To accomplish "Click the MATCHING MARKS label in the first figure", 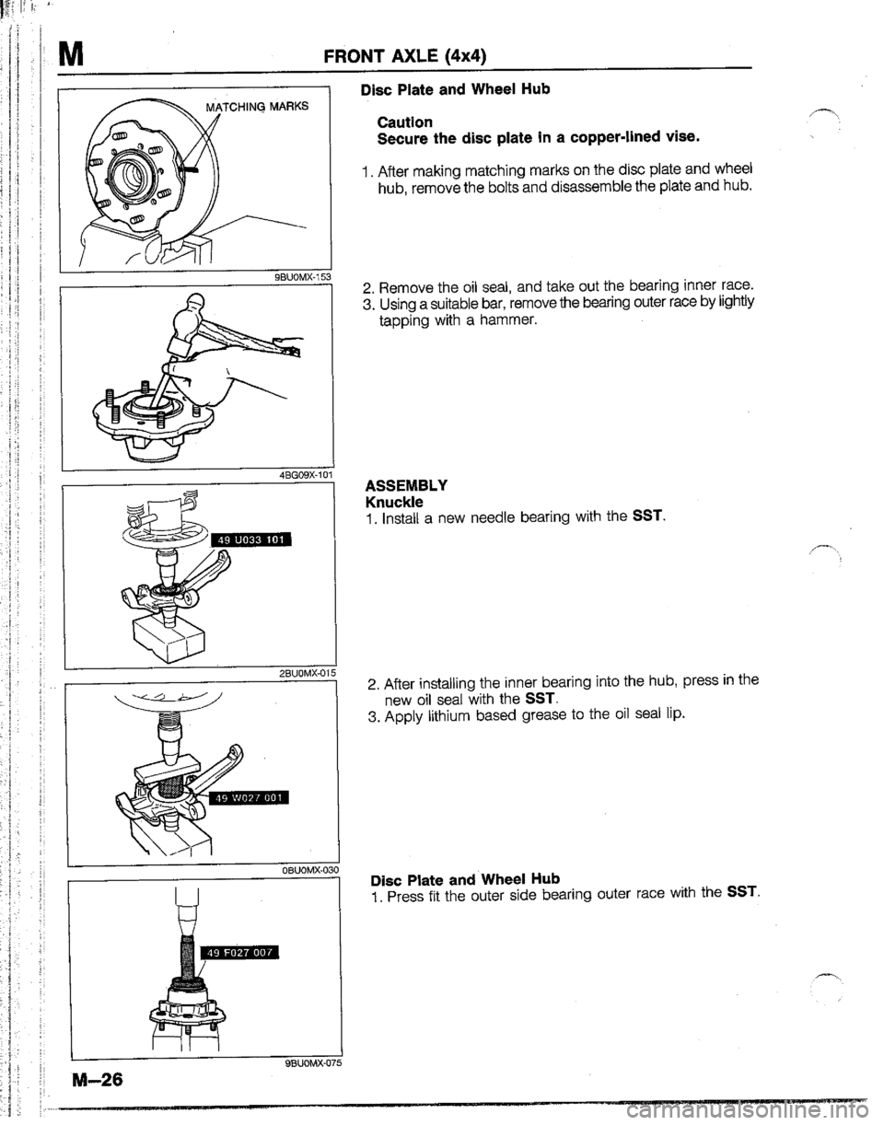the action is click(x=257, y=107).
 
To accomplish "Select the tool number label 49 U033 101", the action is click(x=251, y=541).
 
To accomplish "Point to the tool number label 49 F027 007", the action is click(x=239, y=951).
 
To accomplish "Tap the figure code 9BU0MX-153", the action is click(x=301, y=276).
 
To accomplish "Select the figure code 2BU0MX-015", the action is click(x=307, y=674).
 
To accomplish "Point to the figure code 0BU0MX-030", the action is click(x=309, y=870).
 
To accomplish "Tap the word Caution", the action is click(x=405, y=122).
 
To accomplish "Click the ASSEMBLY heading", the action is click(x=406, y=485).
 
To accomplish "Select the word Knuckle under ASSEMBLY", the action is click(x=394, y=502).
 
